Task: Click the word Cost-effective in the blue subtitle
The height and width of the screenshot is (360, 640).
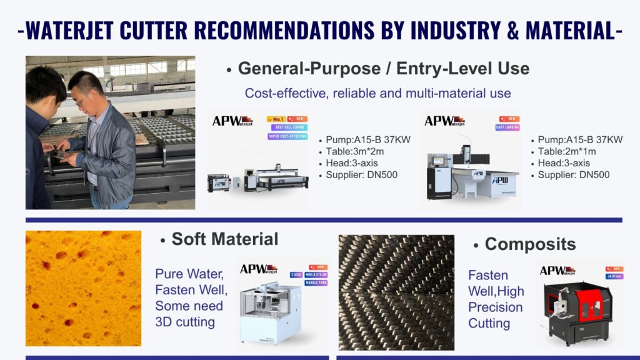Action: (x=284, y=93)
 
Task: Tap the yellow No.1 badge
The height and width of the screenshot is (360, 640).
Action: (x=277, y=118)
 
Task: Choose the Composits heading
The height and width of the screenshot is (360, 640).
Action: (x=530, y=244)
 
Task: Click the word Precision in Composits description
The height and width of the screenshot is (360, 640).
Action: (x=495, y=307)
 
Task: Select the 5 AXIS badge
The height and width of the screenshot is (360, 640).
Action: (x=297, y=274)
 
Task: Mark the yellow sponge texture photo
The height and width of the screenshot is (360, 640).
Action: (x=83, y=288)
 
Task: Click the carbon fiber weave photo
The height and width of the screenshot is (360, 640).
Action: (x=396, y=292)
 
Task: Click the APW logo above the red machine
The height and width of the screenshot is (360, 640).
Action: (x=557, y=271)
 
